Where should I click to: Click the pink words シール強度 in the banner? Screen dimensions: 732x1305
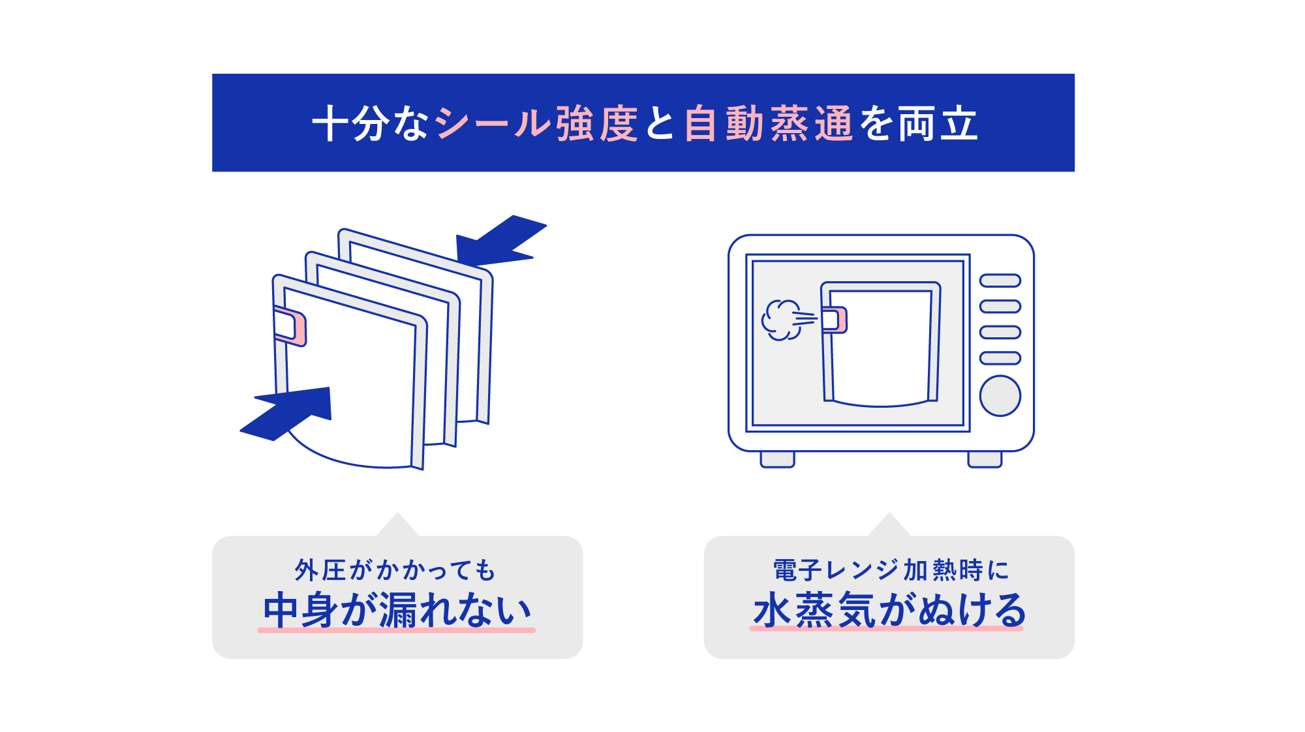[x=536, y=123]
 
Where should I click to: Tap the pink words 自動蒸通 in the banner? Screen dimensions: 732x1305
[x=768, y=123]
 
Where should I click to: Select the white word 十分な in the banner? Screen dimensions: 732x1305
[x=370, y=123]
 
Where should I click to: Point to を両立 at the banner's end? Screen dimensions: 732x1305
[x=919, y=123]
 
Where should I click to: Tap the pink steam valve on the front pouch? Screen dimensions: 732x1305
[x=290, y=326]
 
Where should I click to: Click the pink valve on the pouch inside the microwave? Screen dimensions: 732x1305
[x=835, y=320]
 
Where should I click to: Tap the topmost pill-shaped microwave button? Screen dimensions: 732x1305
[x=1000, y=281]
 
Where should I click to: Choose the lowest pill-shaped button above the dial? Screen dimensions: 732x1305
[x=1000, y=358]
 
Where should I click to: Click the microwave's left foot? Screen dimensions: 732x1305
[x=777, y=459]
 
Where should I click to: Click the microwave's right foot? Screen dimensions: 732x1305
[x=984, y=459]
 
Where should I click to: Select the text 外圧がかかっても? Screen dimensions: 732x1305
[x=395, y=570]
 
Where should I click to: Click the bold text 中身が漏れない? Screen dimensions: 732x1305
[x=397, y=610]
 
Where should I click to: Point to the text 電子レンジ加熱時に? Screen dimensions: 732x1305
[x=890, y=570]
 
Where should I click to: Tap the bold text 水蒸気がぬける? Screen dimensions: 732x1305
[x=889, y=610]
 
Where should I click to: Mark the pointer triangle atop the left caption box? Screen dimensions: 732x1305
[x=397, y=526]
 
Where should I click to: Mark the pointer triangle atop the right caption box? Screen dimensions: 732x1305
[x=889, y=526]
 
